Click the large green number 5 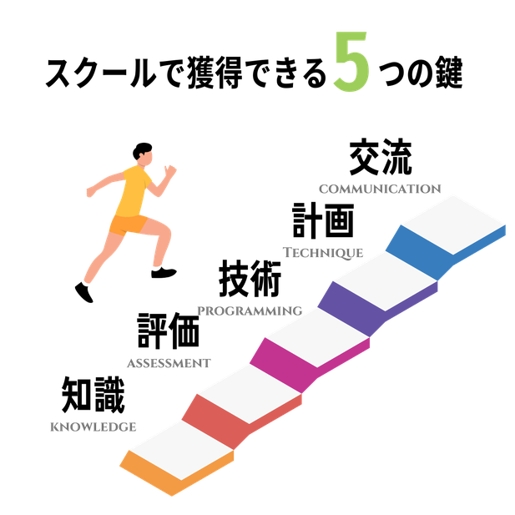(x=351, y=62)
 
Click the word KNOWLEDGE (x=93, y=427)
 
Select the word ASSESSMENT (x=169, y=363)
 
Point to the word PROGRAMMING (x=250, y=311)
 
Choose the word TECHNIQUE (x=323, y=253)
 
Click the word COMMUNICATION (x=380, y=189)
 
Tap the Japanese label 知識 (x=93, y=395)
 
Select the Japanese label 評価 (x=169, y=331)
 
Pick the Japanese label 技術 (x=250, y=279)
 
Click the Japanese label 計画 (x=323, y=220)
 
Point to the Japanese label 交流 (x=381, y=157)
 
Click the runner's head (x=143, y=154)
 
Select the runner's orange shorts (x=128, y=225)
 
